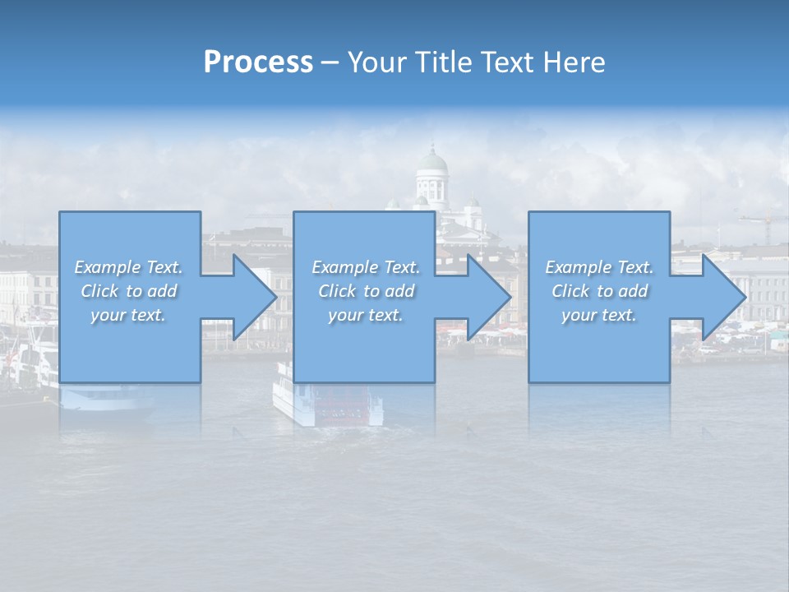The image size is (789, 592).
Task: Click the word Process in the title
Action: point(258,62)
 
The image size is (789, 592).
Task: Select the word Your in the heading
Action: point(376,62)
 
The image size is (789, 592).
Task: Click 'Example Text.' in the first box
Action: point(129,267)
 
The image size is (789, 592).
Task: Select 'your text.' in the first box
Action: point(129,315)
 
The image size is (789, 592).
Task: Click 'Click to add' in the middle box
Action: point(366,291)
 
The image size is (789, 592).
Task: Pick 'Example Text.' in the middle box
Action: point(366,267)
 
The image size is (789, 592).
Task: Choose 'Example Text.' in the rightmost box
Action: point(599,267)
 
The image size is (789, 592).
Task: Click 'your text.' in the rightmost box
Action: point(599,315)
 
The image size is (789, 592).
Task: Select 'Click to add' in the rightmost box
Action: point(599,291)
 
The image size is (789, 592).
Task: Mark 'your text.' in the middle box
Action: point(366,315)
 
